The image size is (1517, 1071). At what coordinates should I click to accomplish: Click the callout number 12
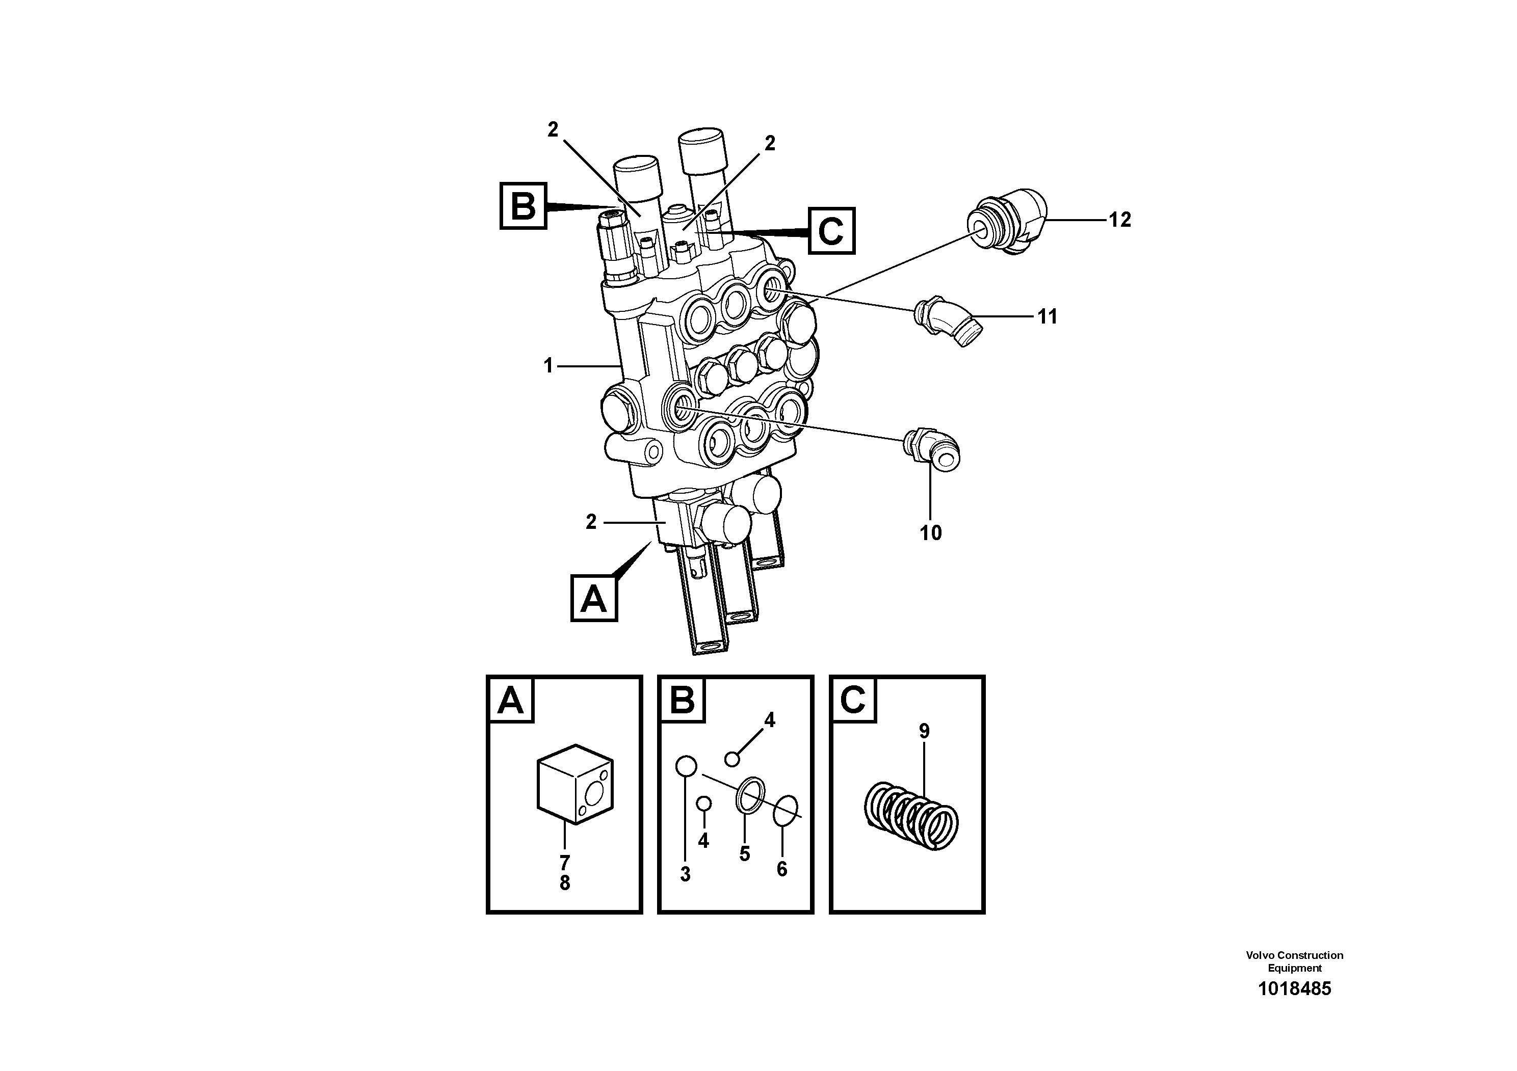(1119, 220)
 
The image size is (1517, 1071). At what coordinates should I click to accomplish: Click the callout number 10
(930, 533)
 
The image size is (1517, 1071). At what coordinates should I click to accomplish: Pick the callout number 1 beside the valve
(548, 365)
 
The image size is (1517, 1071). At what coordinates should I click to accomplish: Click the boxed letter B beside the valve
(524, 206)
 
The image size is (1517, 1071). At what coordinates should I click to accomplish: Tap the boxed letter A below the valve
(593, 598)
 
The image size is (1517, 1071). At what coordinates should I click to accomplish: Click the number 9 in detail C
(924, 731)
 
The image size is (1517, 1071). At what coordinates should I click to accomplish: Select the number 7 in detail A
(564, 862)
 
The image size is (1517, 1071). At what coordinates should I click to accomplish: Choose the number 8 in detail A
(564, 883)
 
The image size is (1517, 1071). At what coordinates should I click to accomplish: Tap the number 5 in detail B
(745, 854)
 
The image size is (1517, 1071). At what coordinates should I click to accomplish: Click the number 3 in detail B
(685, 874)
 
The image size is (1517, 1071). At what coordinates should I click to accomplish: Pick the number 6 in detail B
(781, 869)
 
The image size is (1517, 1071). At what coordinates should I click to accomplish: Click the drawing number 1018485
(1294, 988)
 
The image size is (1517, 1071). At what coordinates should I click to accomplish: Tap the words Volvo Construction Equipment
(1294, 961)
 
